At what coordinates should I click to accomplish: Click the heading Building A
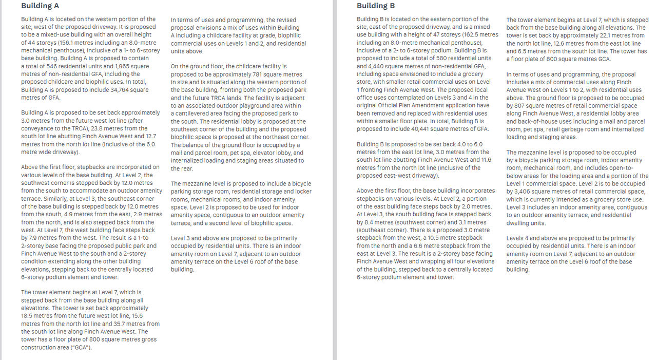coord(40,6)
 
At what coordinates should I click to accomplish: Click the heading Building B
coord(376,6)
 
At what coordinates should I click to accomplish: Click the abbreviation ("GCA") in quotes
coord(81,348)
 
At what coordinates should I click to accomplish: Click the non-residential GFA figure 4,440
coord(366,66)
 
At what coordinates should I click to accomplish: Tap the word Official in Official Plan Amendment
coord(387,105)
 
